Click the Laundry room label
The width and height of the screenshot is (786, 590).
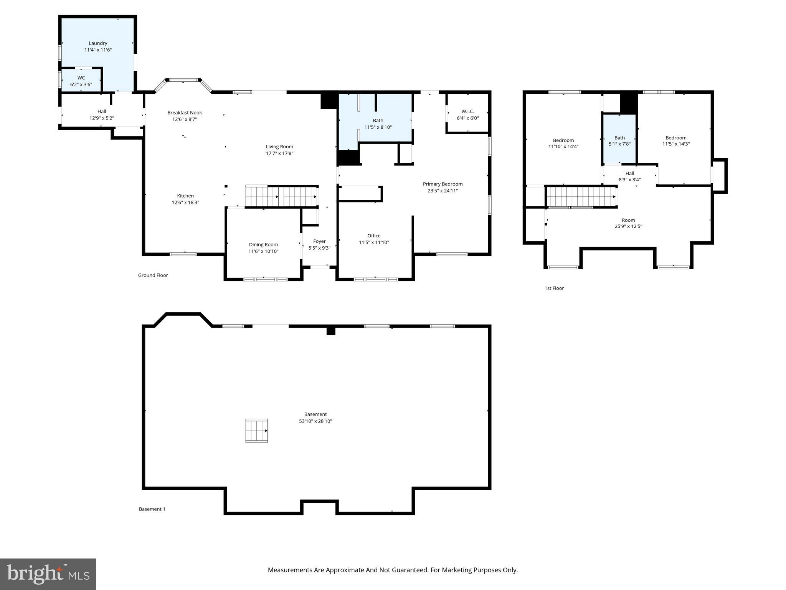[x=98, y=43]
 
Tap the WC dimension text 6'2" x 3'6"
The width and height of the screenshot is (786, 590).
[x=81, y=85]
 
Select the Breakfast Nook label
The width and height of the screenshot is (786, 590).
[x=185, y=113]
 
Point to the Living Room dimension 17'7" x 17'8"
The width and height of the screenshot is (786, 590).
[x=279, y=153]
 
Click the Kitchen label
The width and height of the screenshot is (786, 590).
[x=185, y=196]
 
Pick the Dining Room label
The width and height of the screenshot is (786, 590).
[x=263, y=245]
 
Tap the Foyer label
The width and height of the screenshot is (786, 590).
[x=319, y=241]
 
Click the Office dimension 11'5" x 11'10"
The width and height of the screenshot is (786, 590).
[x=374, y=242]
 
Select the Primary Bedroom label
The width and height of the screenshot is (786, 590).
[x=443, y=184]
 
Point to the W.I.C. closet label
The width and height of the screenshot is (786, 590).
[x=467, y=111]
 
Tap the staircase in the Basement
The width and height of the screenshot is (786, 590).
[x=256, y=431]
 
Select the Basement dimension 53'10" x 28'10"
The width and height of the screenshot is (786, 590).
[x=315, y=421]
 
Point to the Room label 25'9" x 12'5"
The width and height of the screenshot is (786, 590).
[x=628, y=220]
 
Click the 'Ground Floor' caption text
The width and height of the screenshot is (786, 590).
[x=153, y=275]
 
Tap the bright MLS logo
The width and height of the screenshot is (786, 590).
[x=48, y=574]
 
